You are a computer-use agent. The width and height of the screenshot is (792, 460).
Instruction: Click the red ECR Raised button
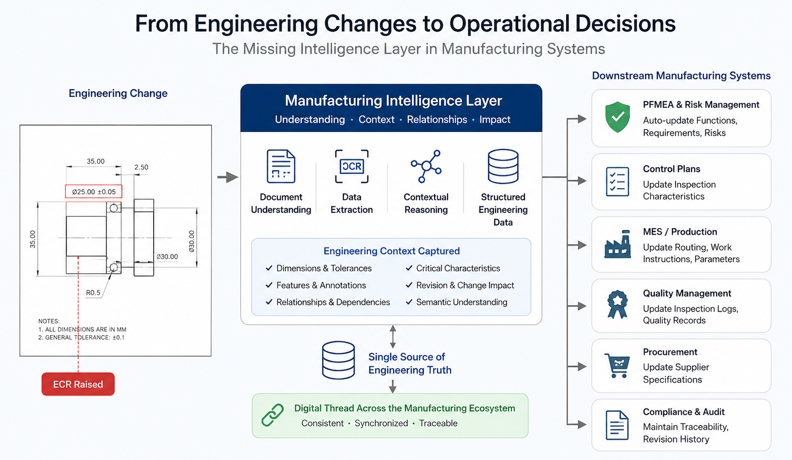78,384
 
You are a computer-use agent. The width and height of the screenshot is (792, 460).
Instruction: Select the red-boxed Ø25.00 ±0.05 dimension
94,192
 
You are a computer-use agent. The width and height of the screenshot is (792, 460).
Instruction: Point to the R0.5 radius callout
93,293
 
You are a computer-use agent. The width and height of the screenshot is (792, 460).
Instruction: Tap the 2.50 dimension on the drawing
141,167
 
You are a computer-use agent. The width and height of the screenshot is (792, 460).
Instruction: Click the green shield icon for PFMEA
617,117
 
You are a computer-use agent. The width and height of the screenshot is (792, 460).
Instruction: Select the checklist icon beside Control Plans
617,182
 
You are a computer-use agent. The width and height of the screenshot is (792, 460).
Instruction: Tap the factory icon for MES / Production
617,244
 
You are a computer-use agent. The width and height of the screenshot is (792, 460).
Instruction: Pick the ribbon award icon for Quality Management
617,304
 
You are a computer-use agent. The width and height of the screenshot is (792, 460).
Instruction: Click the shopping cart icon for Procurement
617,366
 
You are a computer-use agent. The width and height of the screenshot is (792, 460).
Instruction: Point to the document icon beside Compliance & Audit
617,425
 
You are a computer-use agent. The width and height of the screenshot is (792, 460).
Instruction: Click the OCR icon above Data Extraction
352,166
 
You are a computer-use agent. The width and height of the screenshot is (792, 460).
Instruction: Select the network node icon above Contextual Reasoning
426,166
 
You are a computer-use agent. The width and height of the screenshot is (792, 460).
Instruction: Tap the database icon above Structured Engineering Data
503,167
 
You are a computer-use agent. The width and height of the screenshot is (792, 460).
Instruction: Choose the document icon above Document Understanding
281,166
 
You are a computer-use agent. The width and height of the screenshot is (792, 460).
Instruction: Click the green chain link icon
273,415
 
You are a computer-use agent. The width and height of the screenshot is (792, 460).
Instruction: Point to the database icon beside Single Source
338,360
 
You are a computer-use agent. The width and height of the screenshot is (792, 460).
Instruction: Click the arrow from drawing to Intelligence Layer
228,177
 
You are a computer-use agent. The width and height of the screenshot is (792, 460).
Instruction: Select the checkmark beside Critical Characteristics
409,268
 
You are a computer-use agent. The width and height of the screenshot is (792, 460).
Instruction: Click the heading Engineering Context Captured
392,251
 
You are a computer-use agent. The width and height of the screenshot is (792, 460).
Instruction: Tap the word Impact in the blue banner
494,120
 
